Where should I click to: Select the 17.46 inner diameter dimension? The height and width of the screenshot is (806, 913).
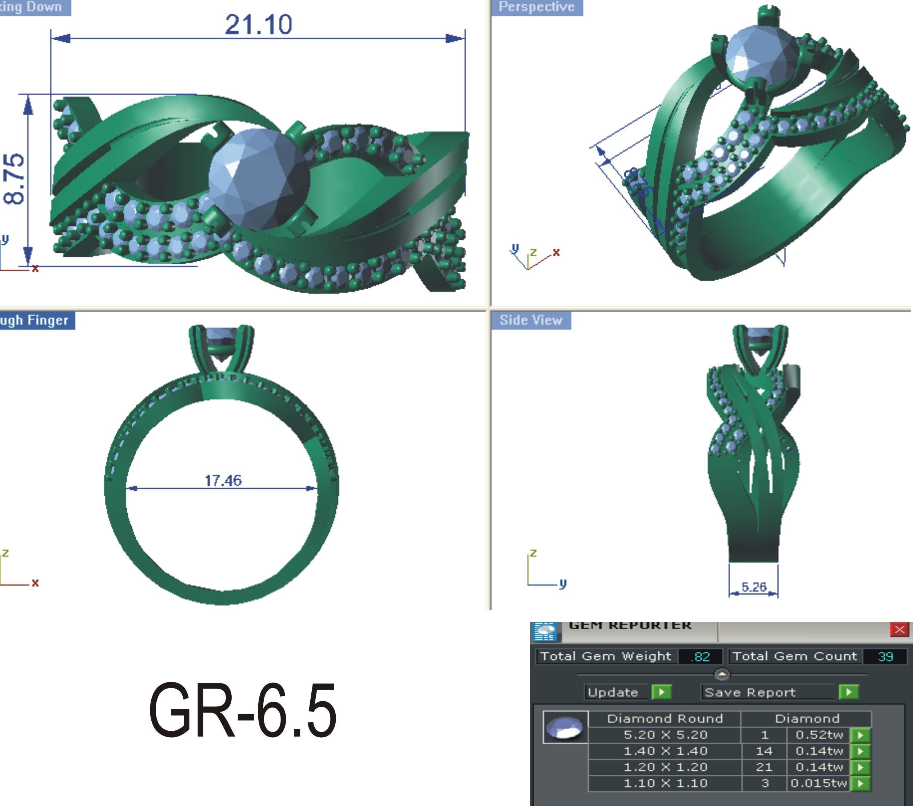click(x=223, y=481)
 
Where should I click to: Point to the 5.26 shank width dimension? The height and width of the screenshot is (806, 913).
click(x=754, y=587)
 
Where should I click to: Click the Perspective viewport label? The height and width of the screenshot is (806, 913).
click(x=537, y=7)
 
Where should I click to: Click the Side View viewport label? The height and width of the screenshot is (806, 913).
click(x=531, y=320)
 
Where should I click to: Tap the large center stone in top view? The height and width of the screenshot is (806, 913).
click(x=259, y=179)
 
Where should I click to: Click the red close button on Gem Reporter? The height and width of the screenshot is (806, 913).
click(x=899, y=629)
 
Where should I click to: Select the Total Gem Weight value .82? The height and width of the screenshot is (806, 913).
click(x=700, y=657)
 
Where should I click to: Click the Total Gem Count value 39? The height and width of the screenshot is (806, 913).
click(x=885, y=657)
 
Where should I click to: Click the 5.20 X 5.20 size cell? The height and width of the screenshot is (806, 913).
click(x=665, y=734)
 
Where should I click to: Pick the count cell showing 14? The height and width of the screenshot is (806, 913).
click(x=764, y=751)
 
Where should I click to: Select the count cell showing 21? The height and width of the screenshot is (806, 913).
click(x=764, y=767)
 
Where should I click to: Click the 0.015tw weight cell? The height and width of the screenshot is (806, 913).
click(x=818, y=783)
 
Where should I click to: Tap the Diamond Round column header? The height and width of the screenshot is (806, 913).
click(x=665, y=718)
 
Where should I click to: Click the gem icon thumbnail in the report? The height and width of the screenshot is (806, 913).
click(x=565, y=727)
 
